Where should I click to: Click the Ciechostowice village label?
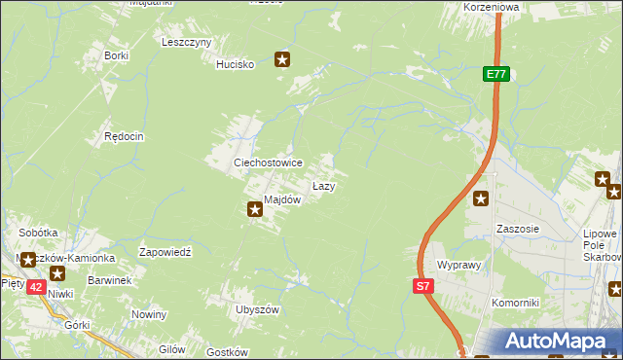coord(267,162)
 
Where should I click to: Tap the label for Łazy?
coord(324,185)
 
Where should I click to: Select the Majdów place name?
coord(282,199)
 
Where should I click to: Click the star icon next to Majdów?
coord(255,206)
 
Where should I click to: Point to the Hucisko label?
coord(236,64)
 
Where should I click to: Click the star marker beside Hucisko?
coord(282,60)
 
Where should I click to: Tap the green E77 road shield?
coord(495,74)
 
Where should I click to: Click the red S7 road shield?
coord(421,286)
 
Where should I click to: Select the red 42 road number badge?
coord(35,287)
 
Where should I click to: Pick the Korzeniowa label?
coord(493,6)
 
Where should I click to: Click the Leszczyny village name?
coord(187,43)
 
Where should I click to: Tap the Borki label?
coord(117,56)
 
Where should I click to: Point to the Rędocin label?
coord(125,137)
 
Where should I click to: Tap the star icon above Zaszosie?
coord(482,199)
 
